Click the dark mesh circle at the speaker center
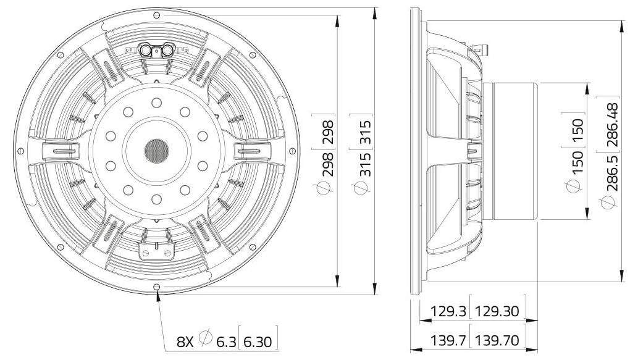click(x=156, y=149)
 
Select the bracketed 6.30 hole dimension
click(x=258, y=340)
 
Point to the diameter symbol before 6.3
click(x=207, y=339)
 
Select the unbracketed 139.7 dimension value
click(x=442, y=339)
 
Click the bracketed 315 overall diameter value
click(x=365, y=130)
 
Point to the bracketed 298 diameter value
click(x=328, y=130)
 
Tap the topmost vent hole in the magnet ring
click(x=156, y=102)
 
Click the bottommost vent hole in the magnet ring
click(x=156, y=198)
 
